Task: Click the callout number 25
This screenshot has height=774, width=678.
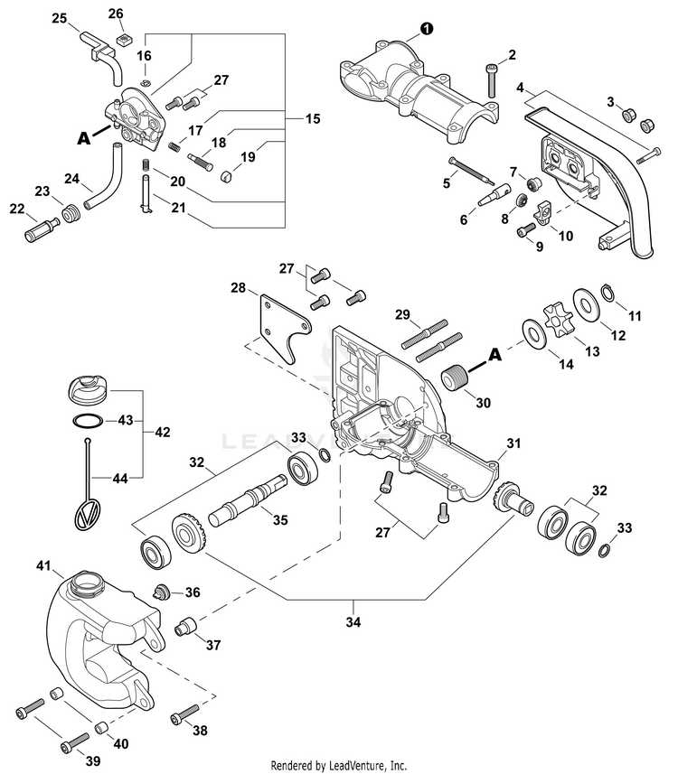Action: [59, 18]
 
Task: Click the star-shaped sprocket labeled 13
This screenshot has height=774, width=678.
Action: [553, 322]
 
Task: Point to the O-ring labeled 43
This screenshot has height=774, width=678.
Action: [87, 420]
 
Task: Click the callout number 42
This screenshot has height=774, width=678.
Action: [163, 432]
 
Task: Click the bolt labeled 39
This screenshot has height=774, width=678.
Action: [71, 746]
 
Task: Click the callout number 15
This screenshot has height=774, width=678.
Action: [312, 118]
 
